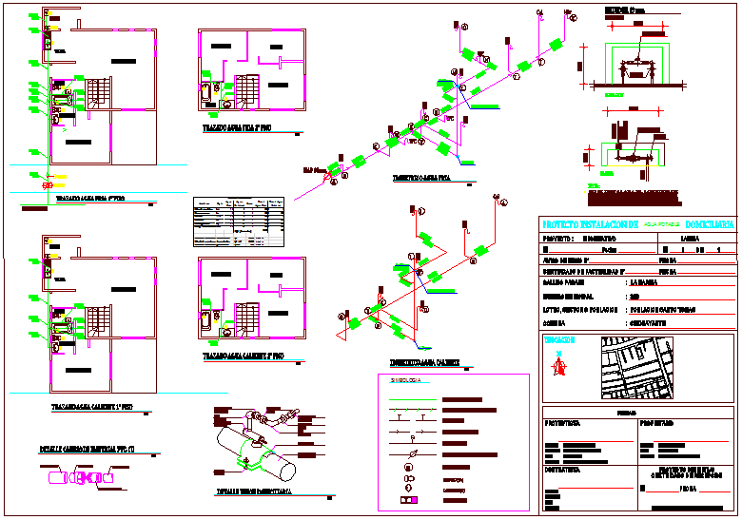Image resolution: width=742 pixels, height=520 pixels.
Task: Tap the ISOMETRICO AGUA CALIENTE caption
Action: pyautogui.click(x=424, y=362)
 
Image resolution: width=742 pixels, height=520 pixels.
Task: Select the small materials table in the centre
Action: pyautogui.click(x=239, y=222)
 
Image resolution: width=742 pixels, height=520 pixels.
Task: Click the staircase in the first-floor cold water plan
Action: pyautogui.click(x=100, y=92)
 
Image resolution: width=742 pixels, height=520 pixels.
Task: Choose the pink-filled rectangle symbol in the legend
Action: pyautogui.click(x=410, y=499)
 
